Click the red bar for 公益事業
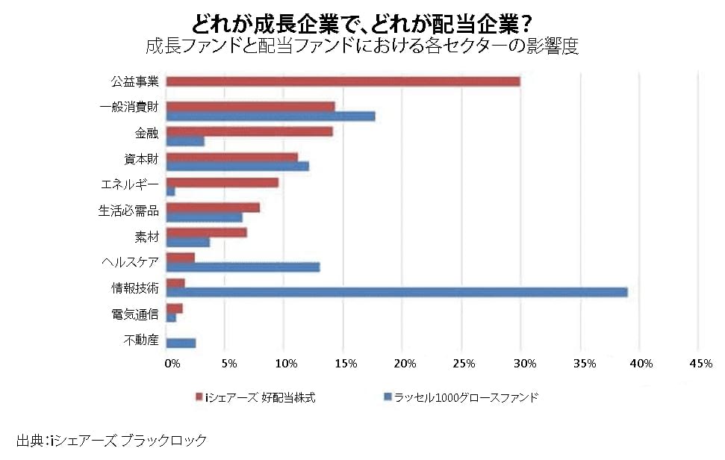pos(343,81)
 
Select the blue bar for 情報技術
pos(396,292)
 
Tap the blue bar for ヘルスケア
pos(243,267)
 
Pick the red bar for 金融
pos(249,132)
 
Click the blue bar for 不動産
pos(181,343)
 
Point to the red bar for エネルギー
pos(222,182)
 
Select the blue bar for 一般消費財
pos(270,116)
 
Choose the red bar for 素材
pos(206,233)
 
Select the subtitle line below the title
pos(362,46)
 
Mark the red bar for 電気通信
pos(174,308)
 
